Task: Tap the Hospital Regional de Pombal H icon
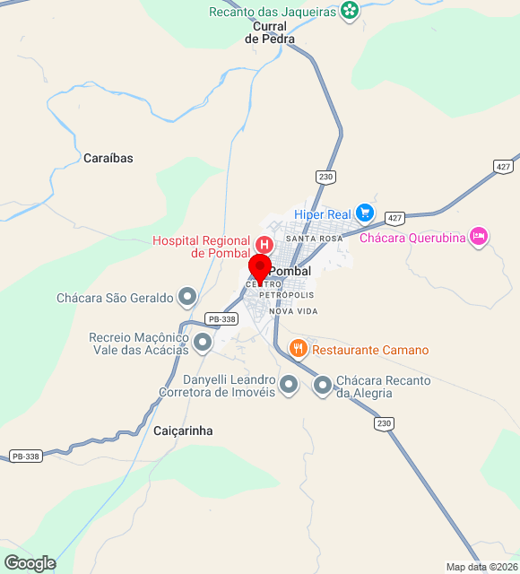point(264,244)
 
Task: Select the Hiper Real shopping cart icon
point(364,213)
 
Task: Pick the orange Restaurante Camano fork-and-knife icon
point(299,348)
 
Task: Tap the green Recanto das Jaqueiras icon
point(350,12)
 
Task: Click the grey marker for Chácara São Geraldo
point(187,295)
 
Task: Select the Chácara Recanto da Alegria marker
point(323,386)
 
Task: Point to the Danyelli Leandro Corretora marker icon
point(289,386)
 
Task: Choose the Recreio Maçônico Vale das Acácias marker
point(203,342)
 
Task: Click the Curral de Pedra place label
point(270,33)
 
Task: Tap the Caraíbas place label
point(108,158)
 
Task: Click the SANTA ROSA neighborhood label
point(314,239)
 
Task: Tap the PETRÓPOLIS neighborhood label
point(287,294)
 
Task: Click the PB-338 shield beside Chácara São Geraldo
point(221,319)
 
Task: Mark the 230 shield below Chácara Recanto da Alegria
point(385,422)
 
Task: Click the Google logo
point(30,562)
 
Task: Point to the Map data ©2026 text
point(481,567)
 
